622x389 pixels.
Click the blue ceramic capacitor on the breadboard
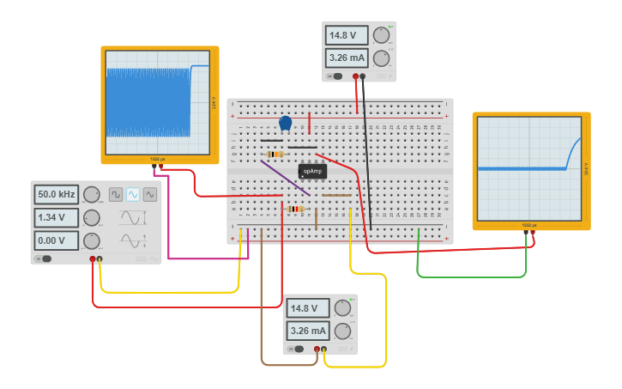pyautogui.click(x=285, y=124)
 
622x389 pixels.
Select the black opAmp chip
pyautogui.click(x=312, y=171)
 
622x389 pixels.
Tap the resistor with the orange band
pyautogui.click(x=275, y=155)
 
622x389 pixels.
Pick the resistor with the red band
pyautogui.click(x=295, y=209)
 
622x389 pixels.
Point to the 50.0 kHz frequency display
pyautogui.click(x=57, y=195)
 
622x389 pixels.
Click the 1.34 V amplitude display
pyautogui.click(x=57, y=217)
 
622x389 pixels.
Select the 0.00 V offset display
pyautogui.click(x=57, y=240)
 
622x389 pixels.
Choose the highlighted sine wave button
pyautogui.click(x=133, y=195)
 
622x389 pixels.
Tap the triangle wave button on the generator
pyautogui.click(x=150, y=195)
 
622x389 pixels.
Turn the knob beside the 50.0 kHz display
pyautogui.click(x=91, y=195)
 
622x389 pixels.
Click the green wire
pyautogui.click(x=472, y=277)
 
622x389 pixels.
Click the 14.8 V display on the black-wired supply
pyautogui.click(x=347, y=36)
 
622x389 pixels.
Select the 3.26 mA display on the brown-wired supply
pyautogui.click(x=309, y=331)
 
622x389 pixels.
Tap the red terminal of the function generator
pyautogui.click(x=93, y=258)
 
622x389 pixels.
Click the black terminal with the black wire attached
pyautogui.click(x=363, y=76)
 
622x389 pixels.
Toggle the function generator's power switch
pyautogui.click(x=44, y=258)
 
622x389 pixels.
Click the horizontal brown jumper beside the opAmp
pyautogui.click(x=336, y=195)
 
